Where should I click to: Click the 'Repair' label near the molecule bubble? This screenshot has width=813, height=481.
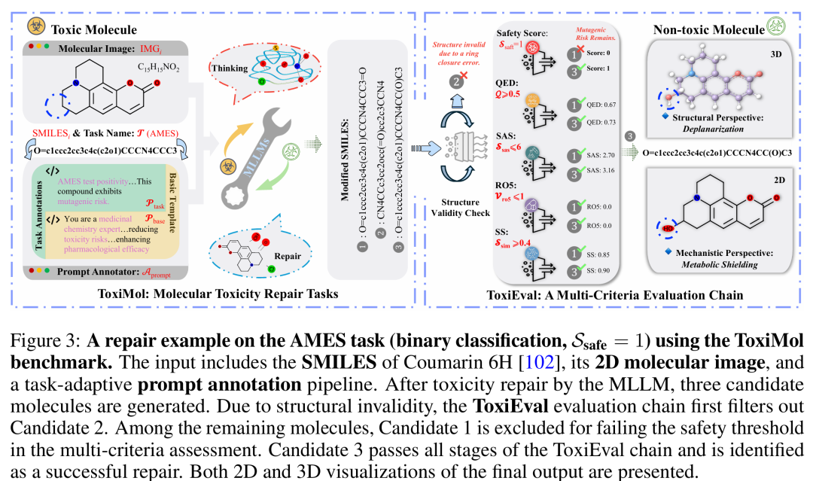coord(287,255)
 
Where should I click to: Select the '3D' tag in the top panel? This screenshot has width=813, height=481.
coord(775,54)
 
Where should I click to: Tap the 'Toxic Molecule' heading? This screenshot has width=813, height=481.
coord(94,29)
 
